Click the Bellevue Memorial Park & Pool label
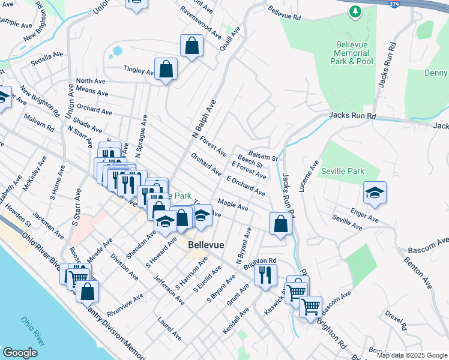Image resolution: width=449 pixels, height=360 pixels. point(354,53)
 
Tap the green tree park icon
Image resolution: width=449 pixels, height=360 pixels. point(355,11)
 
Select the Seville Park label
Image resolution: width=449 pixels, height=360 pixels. point(342,171)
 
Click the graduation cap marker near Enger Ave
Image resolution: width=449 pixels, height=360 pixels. point(375,193)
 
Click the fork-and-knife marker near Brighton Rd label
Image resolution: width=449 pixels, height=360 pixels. point(265,275)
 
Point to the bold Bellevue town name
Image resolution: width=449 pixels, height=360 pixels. point(206,245)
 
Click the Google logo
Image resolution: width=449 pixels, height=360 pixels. point(20,353)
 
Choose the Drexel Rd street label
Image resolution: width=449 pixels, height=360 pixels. point(397,320)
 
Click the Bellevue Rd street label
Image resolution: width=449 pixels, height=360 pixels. point(284,13)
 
